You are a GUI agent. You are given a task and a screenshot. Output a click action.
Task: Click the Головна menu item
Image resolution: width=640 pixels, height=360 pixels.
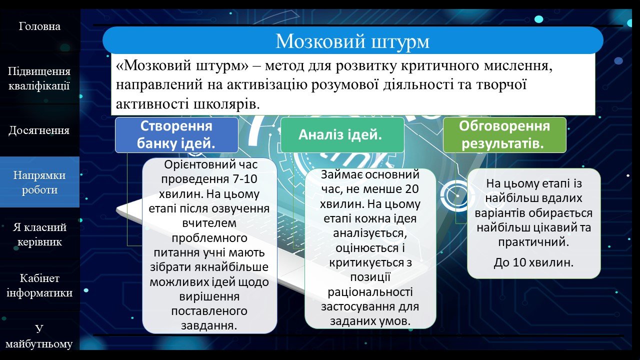pyautogui.click(x=39, y=26)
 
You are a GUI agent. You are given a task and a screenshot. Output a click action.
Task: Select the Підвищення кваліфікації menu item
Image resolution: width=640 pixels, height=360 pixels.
pyautogui.click(x=39, y=78)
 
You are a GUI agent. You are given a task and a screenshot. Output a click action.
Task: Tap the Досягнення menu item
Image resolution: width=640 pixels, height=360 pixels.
pyautogui.click(x=39, y=130)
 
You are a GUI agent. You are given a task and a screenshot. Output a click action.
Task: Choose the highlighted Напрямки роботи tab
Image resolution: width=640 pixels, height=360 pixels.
pyautogui.click(x=39, y=182)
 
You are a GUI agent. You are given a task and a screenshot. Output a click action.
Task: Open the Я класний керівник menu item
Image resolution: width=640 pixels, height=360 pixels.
pyautogui.click(x=39, y=234)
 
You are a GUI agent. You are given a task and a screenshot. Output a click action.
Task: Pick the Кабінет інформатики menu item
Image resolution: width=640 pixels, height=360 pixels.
pyautogui.click(x=39, y=285)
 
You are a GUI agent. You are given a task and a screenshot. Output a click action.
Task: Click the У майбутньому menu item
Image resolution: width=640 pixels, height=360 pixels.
pyautogui.click(x=39, y=336)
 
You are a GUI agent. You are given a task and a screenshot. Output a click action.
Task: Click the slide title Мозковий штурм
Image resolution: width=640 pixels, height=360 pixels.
pyautogui.click(x=352, y=41)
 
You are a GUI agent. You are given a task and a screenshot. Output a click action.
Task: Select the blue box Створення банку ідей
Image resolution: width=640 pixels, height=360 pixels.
pyautogui.click(x=176, y=135)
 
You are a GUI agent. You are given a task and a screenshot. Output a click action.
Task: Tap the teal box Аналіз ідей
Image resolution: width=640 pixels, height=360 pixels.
pyautogui.click(x=342, y=135)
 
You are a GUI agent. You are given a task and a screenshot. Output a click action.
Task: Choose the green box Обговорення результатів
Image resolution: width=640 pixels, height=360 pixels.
pyautogui.click(x=504, y=135)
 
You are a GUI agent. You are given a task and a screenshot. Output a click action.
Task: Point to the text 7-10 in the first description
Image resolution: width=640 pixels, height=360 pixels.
pyautogui.click(x=245, y=179)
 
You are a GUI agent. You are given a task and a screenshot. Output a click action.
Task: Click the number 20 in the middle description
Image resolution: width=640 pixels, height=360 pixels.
pyautogui.click(x=411, y=189)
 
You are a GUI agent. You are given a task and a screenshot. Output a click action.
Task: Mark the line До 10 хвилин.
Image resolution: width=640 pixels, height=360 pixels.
pyautogui.click(x=533, y=262)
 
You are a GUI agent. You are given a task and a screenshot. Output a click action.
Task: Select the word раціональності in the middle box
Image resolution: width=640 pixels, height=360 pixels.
pyautogui.click(x=370, y=292)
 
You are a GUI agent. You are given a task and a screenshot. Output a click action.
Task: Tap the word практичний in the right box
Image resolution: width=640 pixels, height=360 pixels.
pyautogui.click(x=533, y=242)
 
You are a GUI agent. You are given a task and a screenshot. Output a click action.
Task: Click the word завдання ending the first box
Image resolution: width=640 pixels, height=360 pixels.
pyautogui.click(x=209, y=325)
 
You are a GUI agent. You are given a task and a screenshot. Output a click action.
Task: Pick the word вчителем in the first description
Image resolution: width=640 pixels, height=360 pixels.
pyautogui.click(x=209, y=223)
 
